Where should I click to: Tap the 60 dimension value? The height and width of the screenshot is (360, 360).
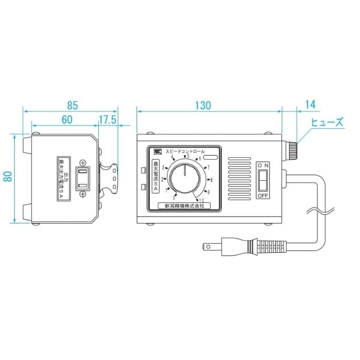click(67, 119)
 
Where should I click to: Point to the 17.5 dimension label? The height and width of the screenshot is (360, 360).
click(107, 119)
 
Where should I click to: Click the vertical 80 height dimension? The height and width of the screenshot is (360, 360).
click(7, 178)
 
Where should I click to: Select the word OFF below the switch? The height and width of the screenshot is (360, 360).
click(263, 196)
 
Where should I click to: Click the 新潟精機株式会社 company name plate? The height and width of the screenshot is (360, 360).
click(184, 207)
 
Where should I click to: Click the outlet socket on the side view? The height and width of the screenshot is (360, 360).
click(83, 178)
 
